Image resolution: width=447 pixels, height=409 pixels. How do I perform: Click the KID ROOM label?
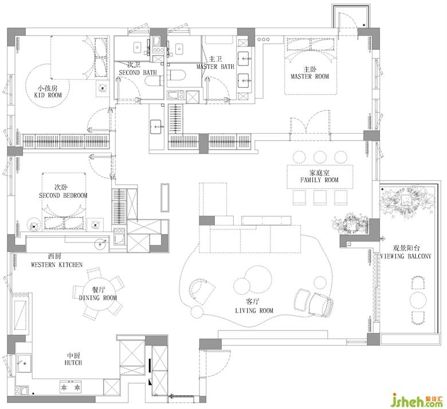pyautogui.click(x=48, y=95)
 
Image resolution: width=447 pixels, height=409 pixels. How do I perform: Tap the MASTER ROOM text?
pyautogui.click(x=309, y=76)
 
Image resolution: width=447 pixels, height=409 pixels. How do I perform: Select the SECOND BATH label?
pyautogui.click(x=138, y=72)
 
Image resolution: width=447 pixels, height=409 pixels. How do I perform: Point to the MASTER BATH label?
pyautogui.click(x=215, y=67)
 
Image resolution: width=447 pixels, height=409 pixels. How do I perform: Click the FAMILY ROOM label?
pyautogui.click(x=319, y=180)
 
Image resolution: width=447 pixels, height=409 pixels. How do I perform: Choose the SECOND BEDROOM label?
pyautogui.click(x=63, y=196)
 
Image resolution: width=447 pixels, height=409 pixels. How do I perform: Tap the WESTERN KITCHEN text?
pyautogui.click(x=57, y=264)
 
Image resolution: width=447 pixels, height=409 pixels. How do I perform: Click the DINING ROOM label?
pyautogui.click(x=98, y=298)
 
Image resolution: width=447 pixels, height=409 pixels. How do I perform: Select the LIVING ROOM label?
pyautogui.click(x=254, y=310)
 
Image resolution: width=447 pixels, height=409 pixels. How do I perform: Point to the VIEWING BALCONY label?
pyautogui.click(x=406, y=256)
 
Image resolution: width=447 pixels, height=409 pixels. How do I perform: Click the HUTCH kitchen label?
pyautogui.click(x=73, y=363)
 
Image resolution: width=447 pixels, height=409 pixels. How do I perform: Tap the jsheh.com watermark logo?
pyautogui.click(x=418, y=400)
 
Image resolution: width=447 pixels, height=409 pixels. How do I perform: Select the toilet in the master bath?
pyautogui.click(x=177, y=75)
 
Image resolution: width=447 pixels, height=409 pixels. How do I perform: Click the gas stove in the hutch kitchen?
pyautogui.click(x=70, y=387)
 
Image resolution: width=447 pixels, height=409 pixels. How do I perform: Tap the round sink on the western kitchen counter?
pyautogui.click(x=100, y=244)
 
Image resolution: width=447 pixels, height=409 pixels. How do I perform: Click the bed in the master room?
pyautogui.click(x=311, y=65)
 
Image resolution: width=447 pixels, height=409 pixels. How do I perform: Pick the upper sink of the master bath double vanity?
pyautogui.click(x=244, y=59)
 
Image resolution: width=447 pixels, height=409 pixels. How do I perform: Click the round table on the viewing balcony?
pyautogui.click(x=418, y=299)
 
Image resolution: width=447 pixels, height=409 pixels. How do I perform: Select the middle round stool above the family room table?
pyautogui.click(x=320, y=157)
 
